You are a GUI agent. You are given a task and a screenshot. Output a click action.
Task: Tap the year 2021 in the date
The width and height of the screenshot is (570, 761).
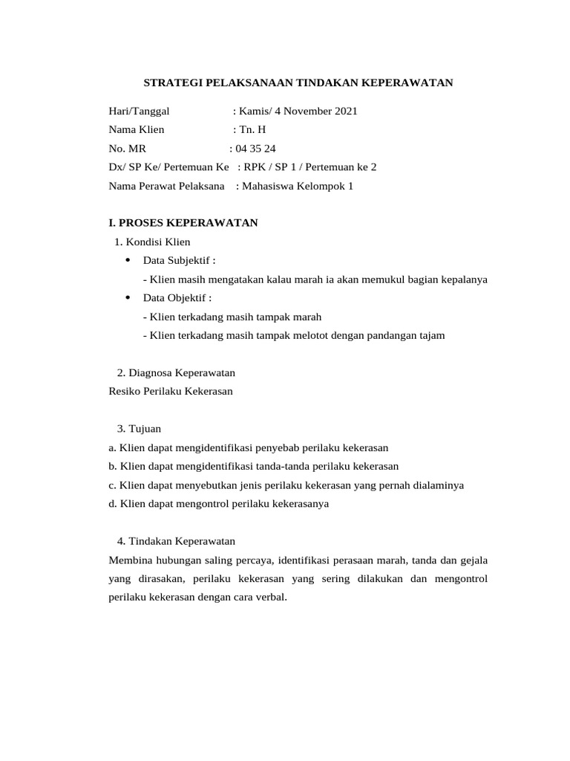point(346,111)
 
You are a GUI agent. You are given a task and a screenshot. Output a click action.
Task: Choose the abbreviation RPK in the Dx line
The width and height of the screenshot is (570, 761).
point(255,167)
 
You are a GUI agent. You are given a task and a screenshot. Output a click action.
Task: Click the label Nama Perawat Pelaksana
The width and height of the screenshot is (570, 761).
point(167,186)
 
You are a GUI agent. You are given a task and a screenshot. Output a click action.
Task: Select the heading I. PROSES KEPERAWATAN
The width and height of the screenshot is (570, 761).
point(183,223)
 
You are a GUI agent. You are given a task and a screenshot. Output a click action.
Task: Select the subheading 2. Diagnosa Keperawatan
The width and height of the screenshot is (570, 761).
point(176,372)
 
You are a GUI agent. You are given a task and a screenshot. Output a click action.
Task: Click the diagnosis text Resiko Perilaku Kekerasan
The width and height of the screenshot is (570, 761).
point(171,391)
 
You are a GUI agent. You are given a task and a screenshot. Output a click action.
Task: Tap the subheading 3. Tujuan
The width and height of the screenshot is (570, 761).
point(139,429)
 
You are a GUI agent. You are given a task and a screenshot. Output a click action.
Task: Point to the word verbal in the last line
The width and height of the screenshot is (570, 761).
point(270,597)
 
